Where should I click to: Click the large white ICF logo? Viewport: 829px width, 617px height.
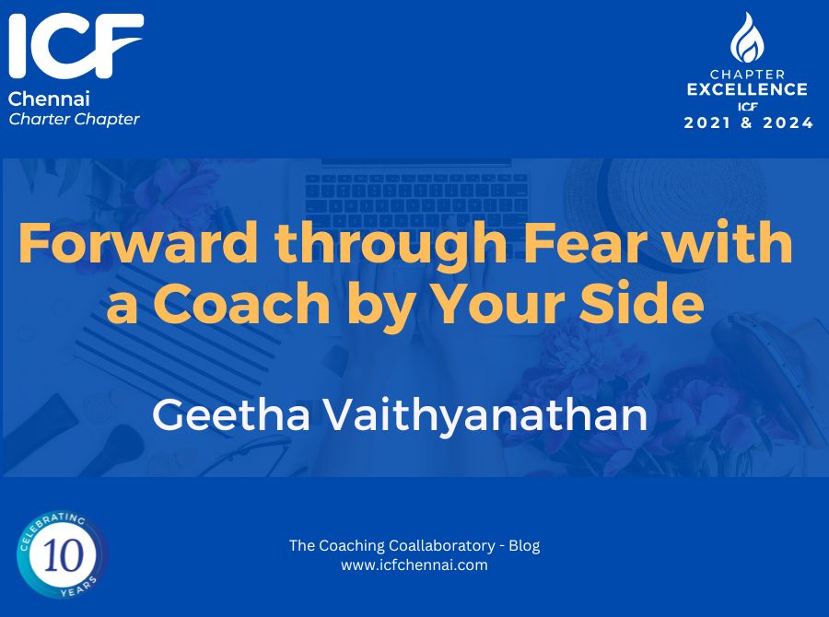coord(76,46)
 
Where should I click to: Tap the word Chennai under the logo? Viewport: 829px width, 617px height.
coord(49,99)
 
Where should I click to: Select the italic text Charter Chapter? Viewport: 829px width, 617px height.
coord(74,120)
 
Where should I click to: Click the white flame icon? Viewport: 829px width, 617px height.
coord(747,38)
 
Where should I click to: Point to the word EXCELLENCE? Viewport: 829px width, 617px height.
coord(747,89)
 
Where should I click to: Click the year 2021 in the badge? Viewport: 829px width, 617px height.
coord(706,123)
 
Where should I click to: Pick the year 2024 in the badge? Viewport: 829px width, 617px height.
coord(788,123)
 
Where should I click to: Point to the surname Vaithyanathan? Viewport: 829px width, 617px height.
coord(485,417)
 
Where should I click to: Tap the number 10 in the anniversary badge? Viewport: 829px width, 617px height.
coord(64,555)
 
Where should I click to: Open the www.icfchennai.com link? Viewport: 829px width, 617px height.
coord(414,565)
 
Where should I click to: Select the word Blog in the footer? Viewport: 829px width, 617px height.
coord(524,545)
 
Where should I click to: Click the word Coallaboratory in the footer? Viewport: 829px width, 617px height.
coord(441,545)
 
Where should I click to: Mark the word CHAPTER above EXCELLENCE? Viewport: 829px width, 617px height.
coord(747,74)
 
